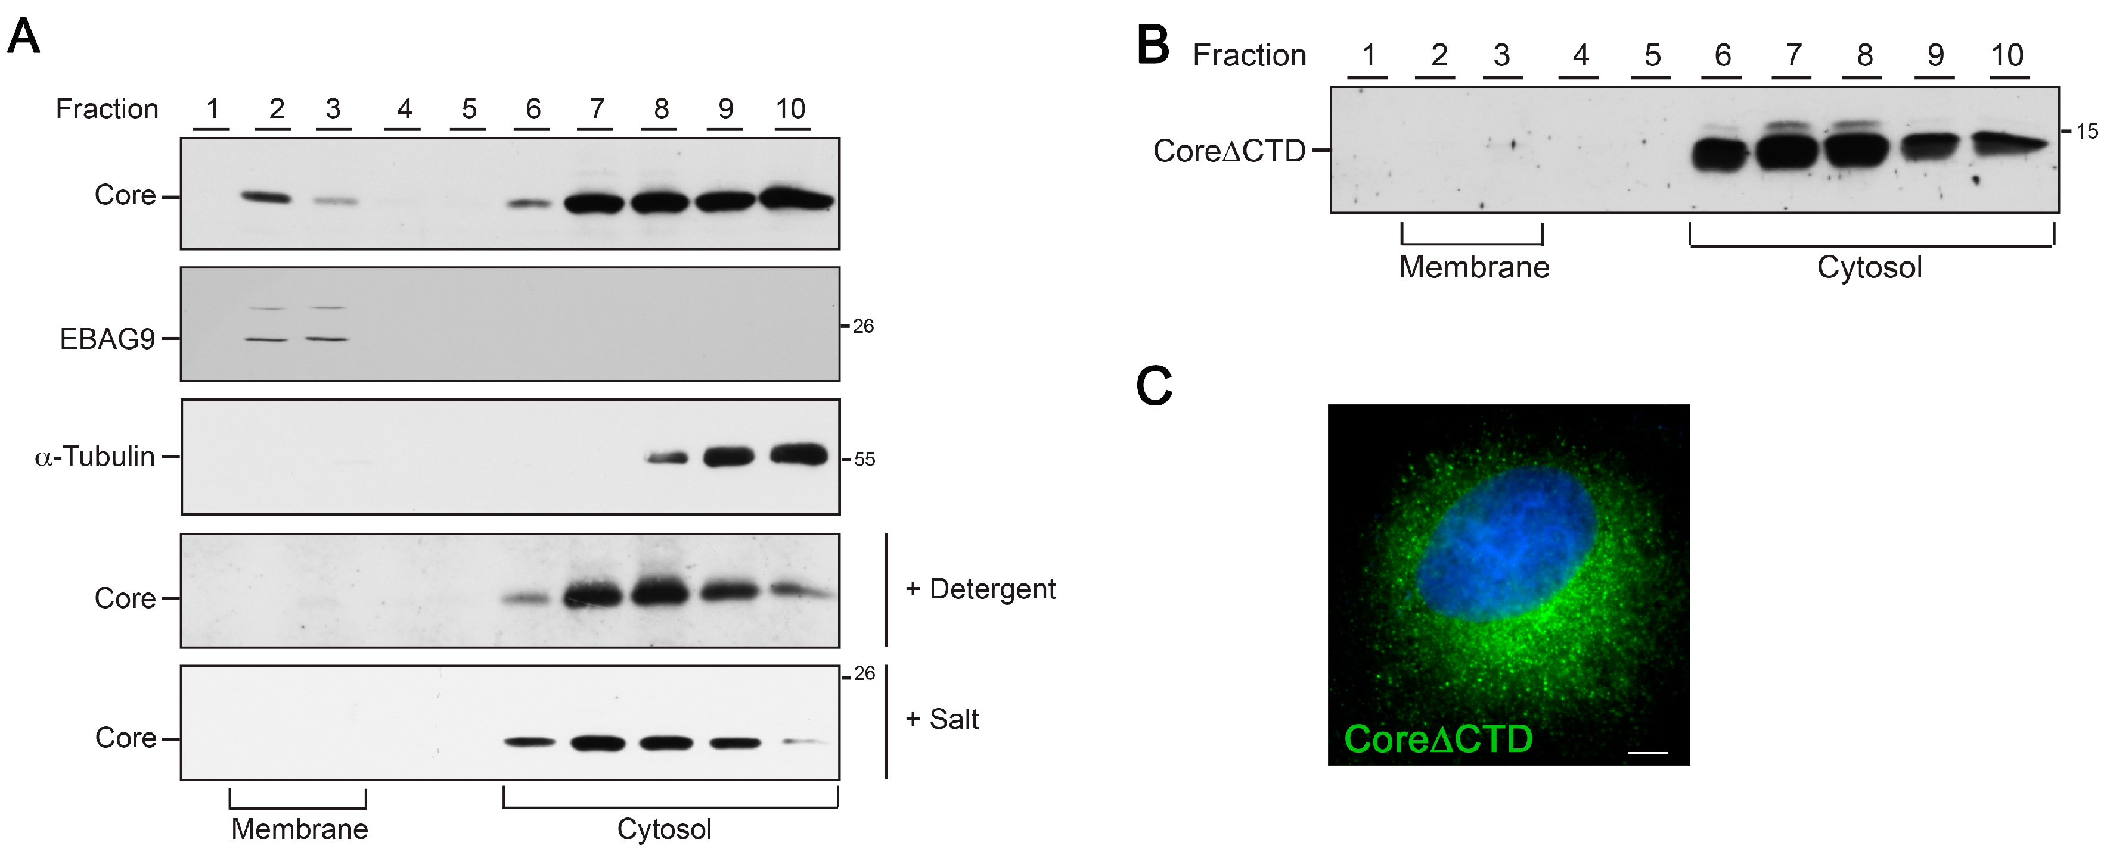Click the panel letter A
(x=24, y=37)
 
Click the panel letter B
(x=1153, y=45)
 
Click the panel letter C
(x=1154, y=386)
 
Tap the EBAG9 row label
(x=107, y=338)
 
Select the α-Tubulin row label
(x=95, y=456)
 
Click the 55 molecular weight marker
(x=865, y=460)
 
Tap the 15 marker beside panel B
(x=2087, y=131)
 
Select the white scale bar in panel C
(x=1648, y=752)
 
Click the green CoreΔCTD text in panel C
(x=1438, y=739)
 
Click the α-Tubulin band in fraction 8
(x=666, y=458)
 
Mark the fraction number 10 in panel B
(x=2006, y=55)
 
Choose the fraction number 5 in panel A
(x=468, y=109)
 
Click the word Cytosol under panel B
(x=1870, y=267)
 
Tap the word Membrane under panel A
(x=299, y=829)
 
